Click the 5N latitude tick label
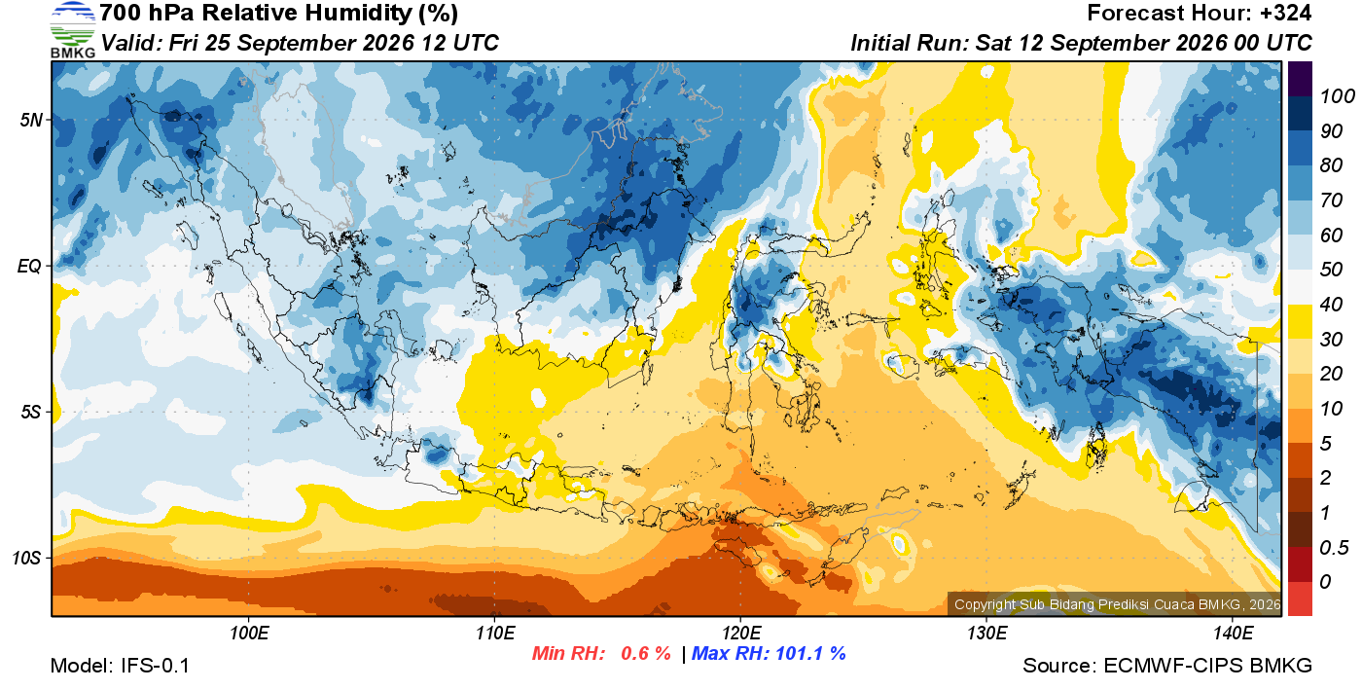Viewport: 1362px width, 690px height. [x=31, y=120]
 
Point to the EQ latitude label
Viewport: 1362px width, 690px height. [x=30, y=267]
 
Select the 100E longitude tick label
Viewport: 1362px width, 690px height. [x=249, y=633]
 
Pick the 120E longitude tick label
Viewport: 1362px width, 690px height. [x=741, y=633]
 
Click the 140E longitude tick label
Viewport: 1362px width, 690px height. [x=1233, y=633]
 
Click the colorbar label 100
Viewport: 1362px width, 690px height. [x=1337, y=96]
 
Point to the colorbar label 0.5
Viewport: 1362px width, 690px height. [x=1334, y=548]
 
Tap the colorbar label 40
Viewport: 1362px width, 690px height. [x=1331, y=305]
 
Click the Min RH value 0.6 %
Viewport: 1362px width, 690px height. [x=645, y=653]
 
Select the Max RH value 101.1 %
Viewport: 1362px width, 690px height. [x=810, y=653]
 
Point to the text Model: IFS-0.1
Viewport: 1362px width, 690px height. [x=120, y=666]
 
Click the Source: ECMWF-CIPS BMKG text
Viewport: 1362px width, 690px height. [x=1166, y=666]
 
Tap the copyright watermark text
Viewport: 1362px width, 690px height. [x=1117, y=604]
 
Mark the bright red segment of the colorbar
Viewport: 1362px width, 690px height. [x=1300, y=599]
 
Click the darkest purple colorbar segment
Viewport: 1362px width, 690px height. [x=1300, y=79]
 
